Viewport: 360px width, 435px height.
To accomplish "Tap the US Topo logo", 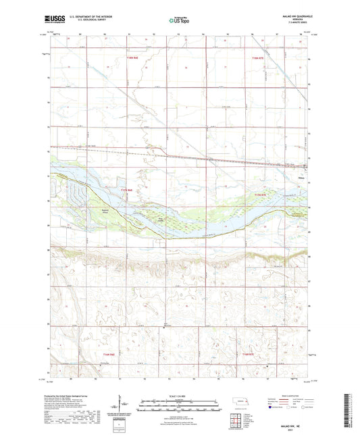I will (177, 20).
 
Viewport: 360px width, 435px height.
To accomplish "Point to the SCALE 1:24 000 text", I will (179, 395).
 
